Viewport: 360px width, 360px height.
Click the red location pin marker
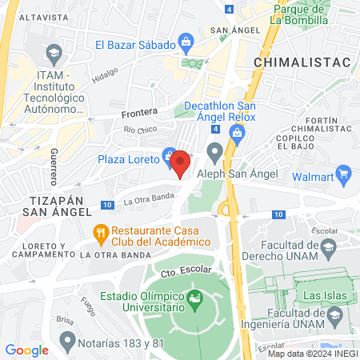(181, 163)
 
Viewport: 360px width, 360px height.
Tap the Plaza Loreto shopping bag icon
(169, 154)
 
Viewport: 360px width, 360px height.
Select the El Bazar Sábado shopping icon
(186, 40)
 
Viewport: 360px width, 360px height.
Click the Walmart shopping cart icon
(345, 173)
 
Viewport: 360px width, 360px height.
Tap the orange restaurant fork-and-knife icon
(100, 234)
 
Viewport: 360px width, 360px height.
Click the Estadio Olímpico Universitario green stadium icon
(194, 302)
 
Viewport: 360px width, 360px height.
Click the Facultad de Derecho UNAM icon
(328, 252)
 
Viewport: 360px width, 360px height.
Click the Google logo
(26, 350)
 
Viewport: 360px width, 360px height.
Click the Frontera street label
(140, 113)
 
